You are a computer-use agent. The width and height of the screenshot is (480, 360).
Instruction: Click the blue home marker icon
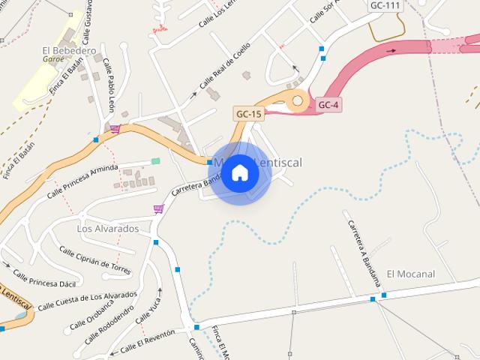(x=240, y=172)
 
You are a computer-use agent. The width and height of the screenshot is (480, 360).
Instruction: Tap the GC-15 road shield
(x=249, y=114)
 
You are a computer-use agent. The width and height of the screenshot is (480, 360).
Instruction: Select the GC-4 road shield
(x=328, y=105)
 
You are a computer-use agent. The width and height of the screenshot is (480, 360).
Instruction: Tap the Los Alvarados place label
(x=108, y=228)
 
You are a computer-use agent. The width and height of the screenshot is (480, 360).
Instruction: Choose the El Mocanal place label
(x=410, y=274)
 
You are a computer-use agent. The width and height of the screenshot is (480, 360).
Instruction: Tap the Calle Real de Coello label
(x=224, y=76)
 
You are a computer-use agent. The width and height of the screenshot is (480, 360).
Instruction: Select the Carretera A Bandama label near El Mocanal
(x=364, y=250)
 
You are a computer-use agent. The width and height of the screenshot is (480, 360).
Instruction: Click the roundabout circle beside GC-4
(x=298, y=100)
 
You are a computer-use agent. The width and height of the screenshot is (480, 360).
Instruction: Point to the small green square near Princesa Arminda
(x=155, y=161)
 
